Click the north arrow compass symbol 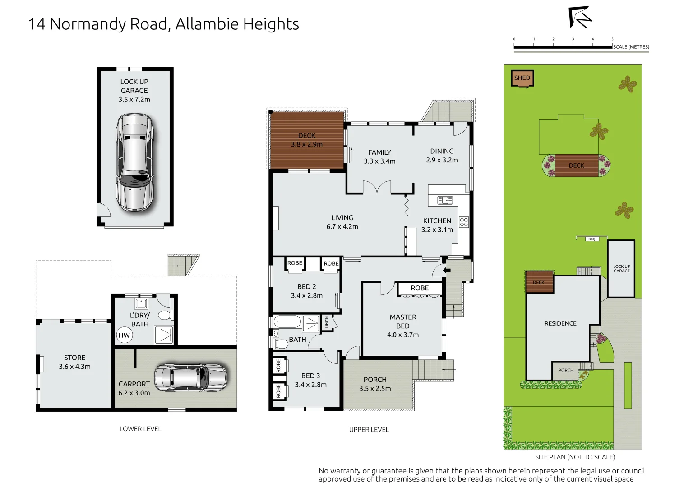580,17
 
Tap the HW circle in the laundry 124,335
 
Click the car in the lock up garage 134,162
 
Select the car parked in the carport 190,377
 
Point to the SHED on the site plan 522,78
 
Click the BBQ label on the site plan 592,239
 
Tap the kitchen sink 444,200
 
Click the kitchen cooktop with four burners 464,222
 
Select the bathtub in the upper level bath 287,322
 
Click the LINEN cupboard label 327,322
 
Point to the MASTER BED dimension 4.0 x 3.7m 403,335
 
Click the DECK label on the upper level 307,135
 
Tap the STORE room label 74,358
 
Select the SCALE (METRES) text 631,47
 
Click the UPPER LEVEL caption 369,430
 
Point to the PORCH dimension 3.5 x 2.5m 375,389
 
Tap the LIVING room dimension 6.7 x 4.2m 342,227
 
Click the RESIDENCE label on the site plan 560,323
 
